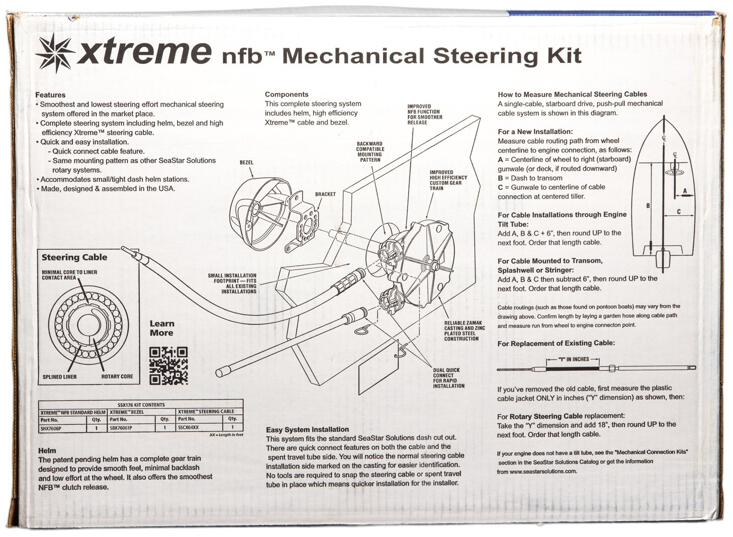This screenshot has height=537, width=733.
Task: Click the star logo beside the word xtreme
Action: click(55, 55)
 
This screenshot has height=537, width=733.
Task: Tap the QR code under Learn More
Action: click(169, 366)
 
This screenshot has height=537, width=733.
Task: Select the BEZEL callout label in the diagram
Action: click(246, 162)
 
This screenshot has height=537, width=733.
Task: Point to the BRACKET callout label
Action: click(325, 194)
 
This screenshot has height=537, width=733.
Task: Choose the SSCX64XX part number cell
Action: click(188, 427)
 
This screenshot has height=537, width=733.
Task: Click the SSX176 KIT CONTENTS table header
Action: click(141, 405)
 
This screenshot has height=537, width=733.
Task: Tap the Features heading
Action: click(50, 95)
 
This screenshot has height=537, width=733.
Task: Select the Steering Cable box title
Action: click(74, 257)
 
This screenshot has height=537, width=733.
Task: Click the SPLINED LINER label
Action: click(60, 377)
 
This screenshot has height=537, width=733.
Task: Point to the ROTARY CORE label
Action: click(117, 376)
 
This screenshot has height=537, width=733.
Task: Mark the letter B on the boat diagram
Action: click(648, 206)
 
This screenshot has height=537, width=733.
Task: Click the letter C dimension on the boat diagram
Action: click(678, 212)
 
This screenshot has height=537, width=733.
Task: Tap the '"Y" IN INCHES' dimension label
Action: click(573, 359)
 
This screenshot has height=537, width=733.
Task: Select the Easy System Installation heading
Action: click(307, 430)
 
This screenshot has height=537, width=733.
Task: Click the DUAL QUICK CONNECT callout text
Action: click(449, 378)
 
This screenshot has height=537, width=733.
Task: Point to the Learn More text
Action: click(162, 328)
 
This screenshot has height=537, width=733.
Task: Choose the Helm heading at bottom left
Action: click(47, 450)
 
